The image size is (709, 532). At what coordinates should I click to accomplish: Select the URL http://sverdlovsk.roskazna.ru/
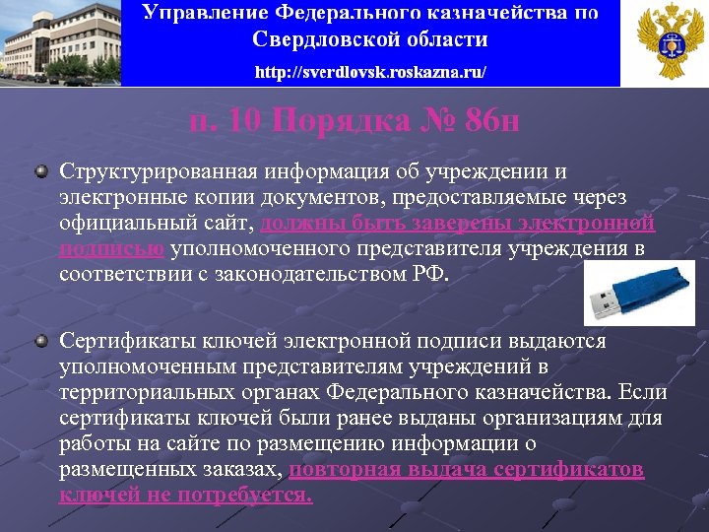pos(369,73)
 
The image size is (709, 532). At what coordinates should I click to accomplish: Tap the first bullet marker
pos(40,172)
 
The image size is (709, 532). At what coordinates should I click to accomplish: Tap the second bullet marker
pos(40,341)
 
